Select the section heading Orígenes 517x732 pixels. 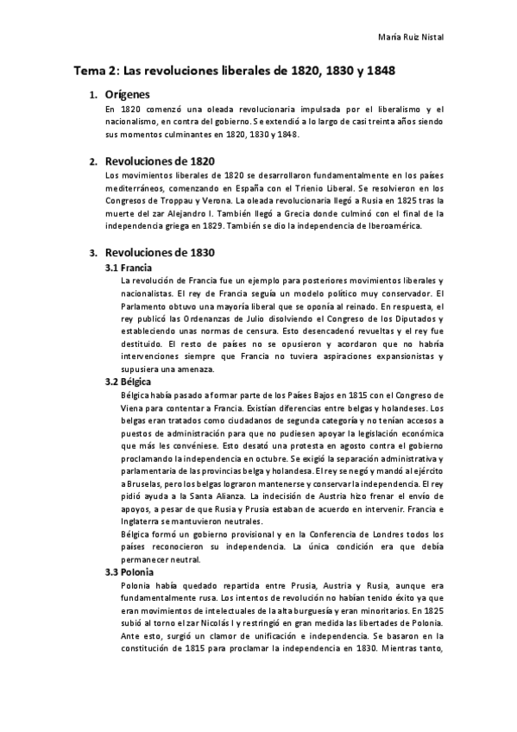click(127, 95)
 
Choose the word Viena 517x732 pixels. click(140, 407)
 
